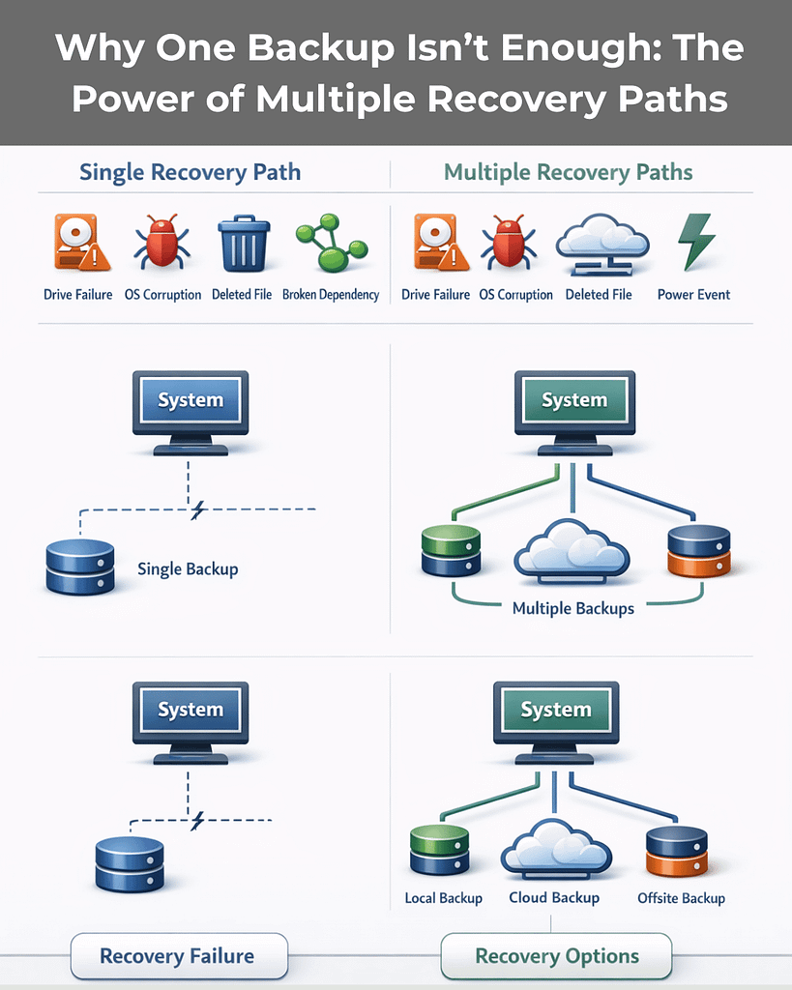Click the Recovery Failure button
tap(179, 956)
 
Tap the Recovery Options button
tap(556, 956)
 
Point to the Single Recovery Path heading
tap(190, 173)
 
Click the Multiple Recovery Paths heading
tap(568, 173)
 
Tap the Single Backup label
tap(188, 568)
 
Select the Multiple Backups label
tap(573, 608)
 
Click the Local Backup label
tap(443, 898)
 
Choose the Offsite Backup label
tap(681, 898)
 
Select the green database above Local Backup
tap(439, 850)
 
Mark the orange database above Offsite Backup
tap(676, 850)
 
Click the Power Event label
tap(693, 294)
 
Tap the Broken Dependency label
tap(331, 294)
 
